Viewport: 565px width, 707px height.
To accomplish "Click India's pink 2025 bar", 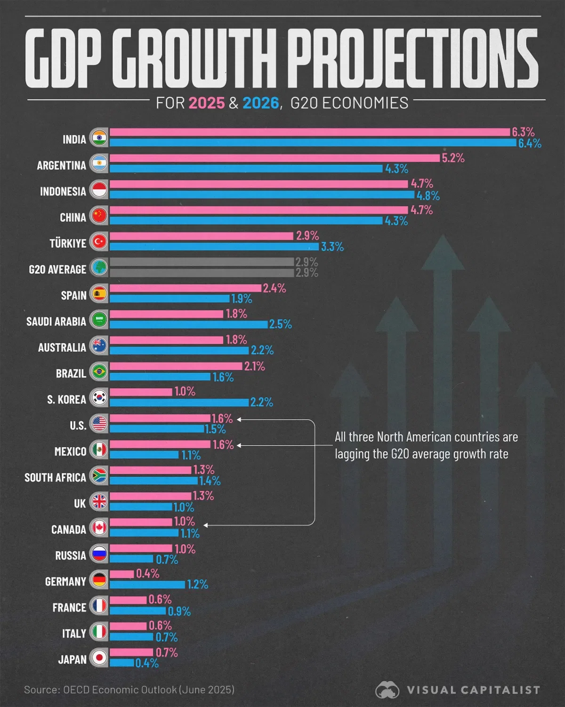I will (x=310, y=132).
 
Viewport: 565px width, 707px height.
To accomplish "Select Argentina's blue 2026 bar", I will (x=246, y=169).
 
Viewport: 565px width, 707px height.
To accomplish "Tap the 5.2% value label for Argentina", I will (x=453, y=158).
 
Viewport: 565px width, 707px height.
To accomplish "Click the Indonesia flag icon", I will (x=99, y=189).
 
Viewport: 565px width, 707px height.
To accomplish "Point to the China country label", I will (x=73, y=218).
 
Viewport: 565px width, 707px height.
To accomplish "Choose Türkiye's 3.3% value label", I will (x=332, y=246).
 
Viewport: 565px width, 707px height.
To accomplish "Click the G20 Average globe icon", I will (x=99, y=268).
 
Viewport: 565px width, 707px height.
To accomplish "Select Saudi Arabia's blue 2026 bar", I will (x=188, y=325).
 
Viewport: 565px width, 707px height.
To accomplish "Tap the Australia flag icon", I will (x=99, y=346).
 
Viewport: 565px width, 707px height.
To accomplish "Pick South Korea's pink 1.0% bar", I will (x=141, y=392).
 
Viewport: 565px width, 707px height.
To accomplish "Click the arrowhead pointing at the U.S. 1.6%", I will (x=239, y=419).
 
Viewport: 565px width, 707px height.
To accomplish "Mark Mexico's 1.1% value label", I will (x=191, y=455).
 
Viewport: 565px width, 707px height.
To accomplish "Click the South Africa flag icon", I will (x=99, y=476).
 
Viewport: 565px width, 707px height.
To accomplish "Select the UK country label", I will (x=80, y=504).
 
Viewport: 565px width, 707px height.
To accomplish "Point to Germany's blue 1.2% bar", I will (x=147, y=585).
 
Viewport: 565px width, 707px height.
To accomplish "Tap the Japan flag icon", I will (x=99, y=658).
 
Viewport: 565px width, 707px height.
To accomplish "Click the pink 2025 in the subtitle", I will (x=207, y=103).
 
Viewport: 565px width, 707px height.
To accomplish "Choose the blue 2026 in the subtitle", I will (x=261, y=103).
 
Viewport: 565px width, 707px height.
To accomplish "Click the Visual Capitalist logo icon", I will (x=387, y=690).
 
